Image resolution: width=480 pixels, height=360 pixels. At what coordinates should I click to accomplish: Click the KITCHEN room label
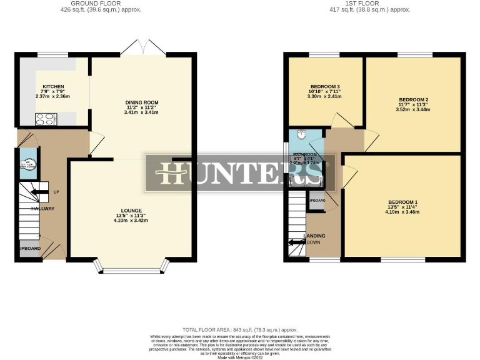click(x=54, y=87)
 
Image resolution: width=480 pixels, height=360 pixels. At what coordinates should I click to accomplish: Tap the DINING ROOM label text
click(x=142, y=102)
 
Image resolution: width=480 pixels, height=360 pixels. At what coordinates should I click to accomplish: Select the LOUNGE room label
click(x=132, y=211)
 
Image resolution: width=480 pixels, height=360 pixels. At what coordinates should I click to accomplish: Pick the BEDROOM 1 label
click(x=402, y=202)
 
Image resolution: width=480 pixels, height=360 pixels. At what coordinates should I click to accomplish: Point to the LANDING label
click(x=314, y=236)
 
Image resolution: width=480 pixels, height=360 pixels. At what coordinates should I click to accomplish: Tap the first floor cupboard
click(x=316, y=201)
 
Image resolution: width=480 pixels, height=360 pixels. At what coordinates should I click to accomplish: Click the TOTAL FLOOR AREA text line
click(x=240, y=329)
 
